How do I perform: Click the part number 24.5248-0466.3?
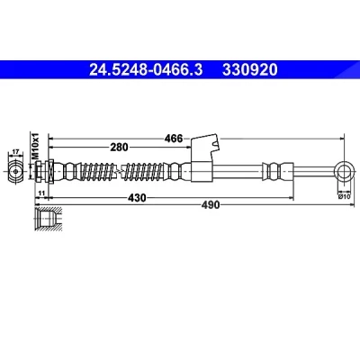click(146, 70)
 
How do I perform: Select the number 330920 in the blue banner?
click(250, 70)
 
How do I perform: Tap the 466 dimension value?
click(174, 139)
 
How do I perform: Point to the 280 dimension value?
click(119, 148)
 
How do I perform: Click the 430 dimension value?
click(137, 198)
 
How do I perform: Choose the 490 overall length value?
click(211, 205)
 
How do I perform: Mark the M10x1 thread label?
click(36, 146)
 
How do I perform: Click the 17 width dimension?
click(16, 152)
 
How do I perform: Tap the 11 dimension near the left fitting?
click(41, 193)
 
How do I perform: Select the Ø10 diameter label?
click(344, 196)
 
